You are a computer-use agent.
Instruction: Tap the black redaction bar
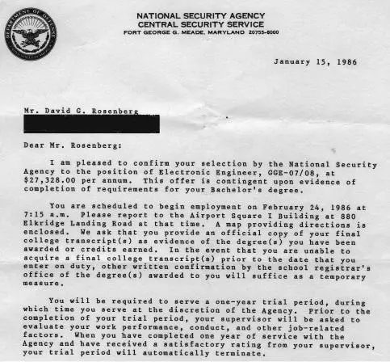(x=90, y=124)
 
